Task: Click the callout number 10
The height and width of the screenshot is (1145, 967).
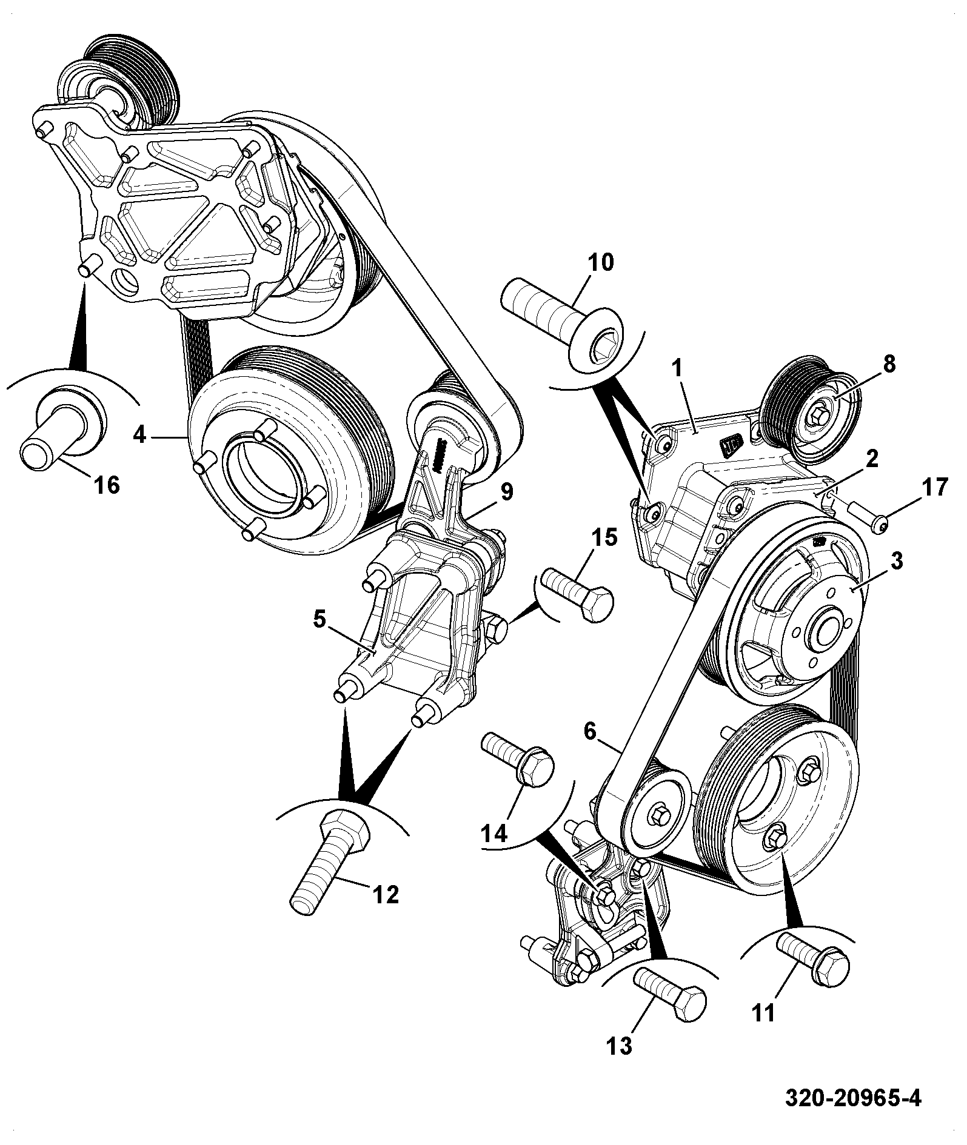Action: click(x=600, y=262)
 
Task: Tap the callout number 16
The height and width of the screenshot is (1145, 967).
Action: click(x=107, y=485)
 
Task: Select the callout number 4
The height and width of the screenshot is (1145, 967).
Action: click(x=140, y=434)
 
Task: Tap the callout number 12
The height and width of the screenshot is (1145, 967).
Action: click(x=386, y=894)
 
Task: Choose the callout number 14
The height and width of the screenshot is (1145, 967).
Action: click(x=494, y=834)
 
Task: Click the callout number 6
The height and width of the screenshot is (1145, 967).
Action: click(x=591, y=732)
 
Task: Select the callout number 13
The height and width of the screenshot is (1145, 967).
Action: click(x=619, y=1046)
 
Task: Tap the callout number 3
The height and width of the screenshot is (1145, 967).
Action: click(x=897, y=560)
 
